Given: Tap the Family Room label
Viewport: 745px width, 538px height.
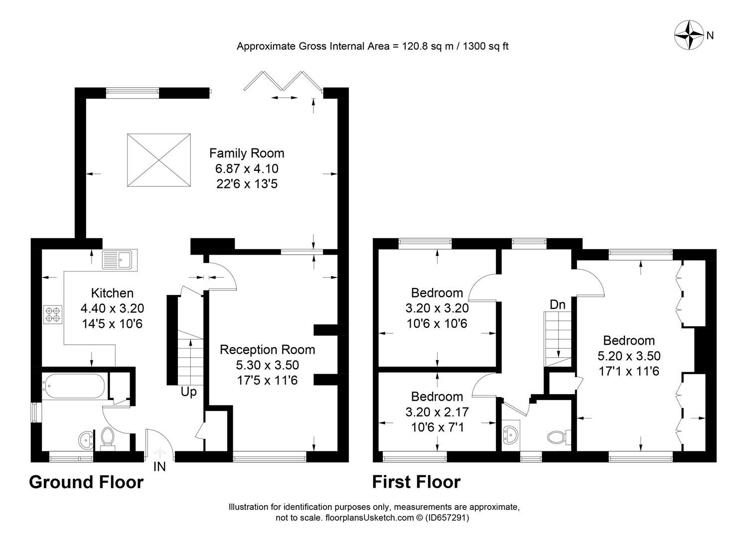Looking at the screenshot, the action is tap(247, 153).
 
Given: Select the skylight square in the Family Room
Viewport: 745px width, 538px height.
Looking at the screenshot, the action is tap(159, 160).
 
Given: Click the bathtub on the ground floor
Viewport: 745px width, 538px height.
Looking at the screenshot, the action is tap(74, 385).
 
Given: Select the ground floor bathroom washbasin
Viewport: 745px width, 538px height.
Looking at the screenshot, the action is tap(86, 439).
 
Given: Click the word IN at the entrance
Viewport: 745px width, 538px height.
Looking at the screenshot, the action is tap(159, 467).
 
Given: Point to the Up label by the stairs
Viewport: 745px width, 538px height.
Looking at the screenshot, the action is tap(188, 392).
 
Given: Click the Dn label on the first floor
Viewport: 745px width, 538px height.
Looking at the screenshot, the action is tap(558, 304).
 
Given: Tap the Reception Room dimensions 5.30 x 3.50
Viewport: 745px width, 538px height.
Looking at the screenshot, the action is tap(268, 365).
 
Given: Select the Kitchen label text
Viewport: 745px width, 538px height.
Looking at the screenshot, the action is tap(112, 293).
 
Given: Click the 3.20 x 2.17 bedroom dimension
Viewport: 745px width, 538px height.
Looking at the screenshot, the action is tap(437, 412).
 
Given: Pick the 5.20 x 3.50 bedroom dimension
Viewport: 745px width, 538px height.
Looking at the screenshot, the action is tap(629, 356).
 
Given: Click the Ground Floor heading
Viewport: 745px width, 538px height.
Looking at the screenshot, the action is tap(86, 482).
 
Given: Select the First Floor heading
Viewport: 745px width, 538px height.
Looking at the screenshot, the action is tap(416, 482).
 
